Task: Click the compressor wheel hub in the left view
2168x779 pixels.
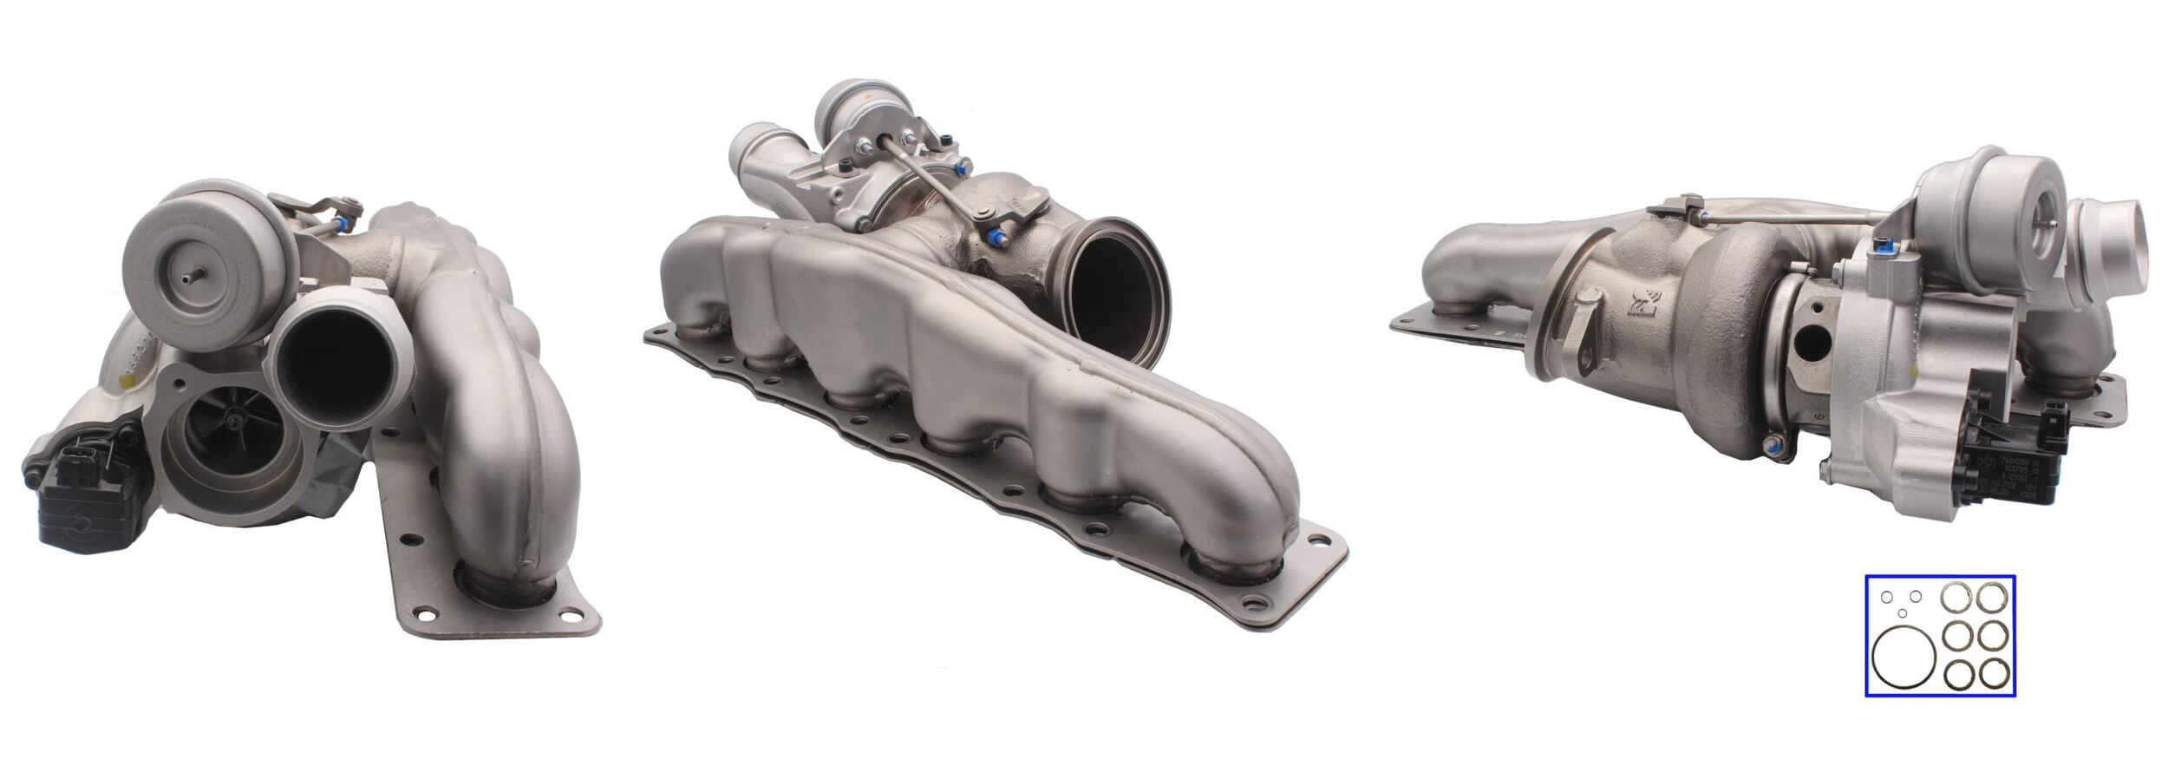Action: point(237,422)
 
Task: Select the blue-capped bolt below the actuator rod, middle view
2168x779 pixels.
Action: point(995,236)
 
